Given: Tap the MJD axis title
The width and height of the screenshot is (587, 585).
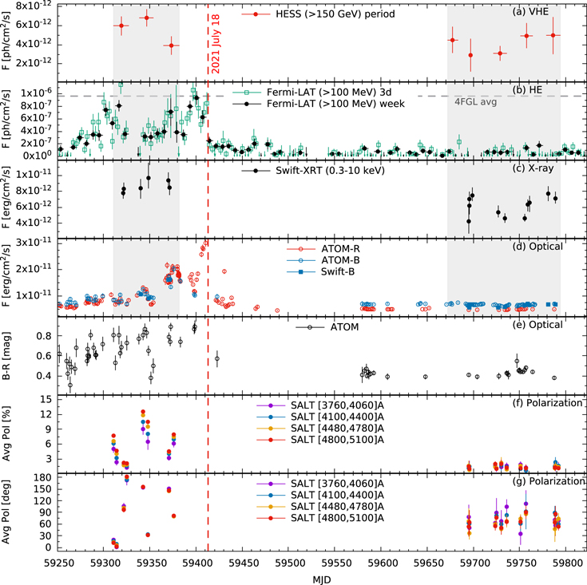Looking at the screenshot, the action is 322,579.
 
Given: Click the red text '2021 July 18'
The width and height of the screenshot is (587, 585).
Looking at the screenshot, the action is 216,44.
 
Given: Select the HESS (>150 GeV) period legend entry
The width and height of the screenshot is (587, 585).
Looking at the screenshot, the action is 318,14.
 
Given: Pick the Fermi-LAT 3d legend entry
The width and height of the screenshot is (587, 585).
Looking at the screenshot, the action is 312,92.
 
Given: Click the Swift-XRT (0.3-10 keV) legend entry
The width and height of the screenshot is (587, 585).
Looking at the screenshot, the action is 313,171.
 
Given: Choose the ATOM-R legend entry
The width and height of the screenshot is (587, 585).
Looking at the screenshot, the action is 323,249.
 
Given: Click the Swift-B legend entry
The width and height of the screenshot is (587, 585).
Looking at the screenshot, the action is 320,271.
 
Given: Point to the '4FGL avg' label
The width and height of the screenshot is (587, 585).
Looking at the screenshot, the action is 475,101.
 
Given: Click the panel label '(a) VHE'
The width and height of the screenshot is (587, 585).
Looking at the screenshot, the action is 530,12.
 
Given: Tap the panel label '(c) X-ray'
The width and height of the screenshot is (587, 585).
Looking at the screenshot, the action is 533,168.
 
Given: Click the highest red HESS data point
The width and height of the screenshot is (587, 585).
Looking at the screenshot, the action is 147,18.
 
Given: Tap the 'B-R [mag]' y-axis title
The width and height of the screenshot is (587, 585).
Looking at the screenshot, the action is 6,356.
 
